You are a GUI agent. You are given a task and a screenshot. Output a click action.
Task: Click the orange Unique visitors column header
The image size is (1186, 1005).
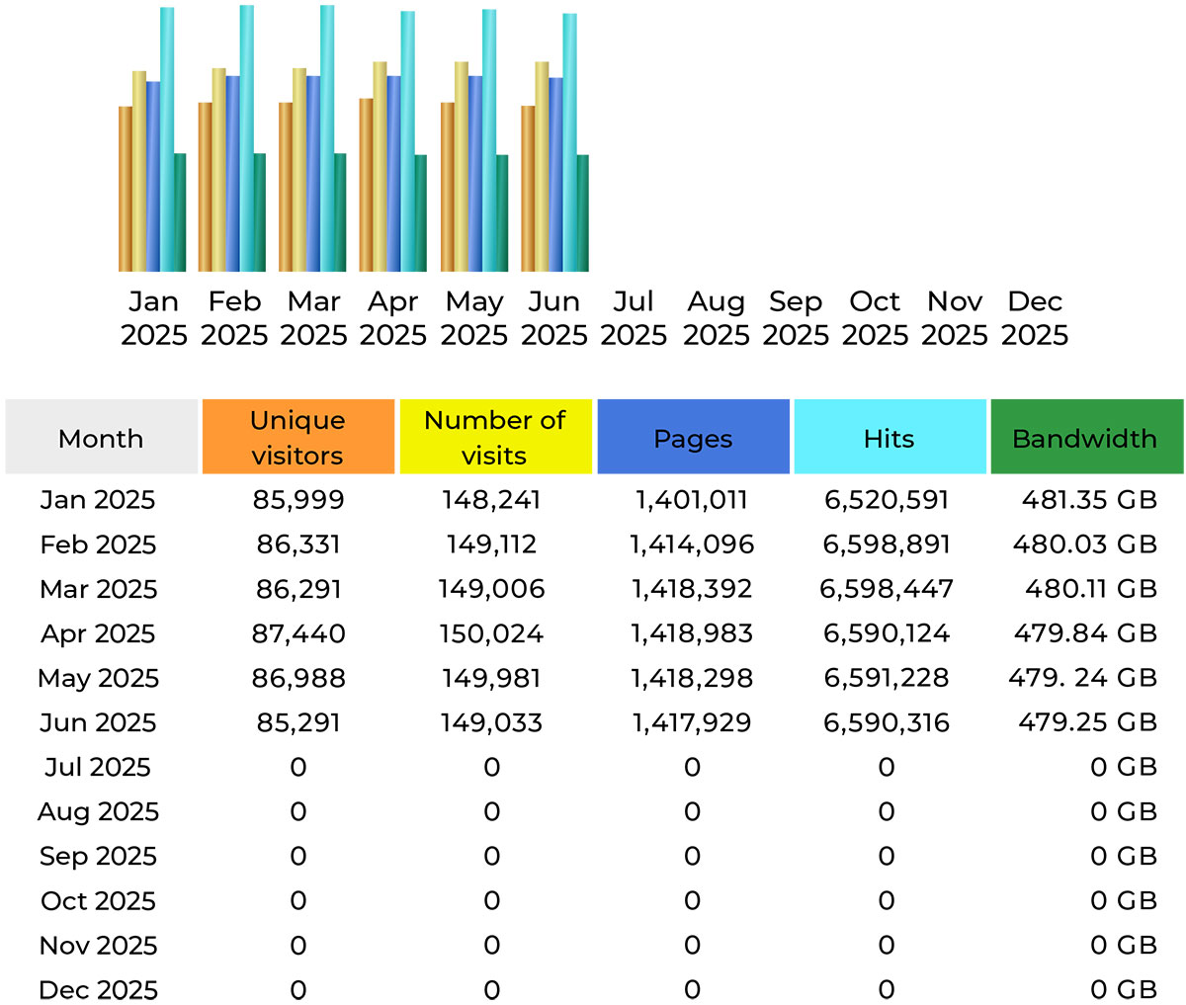tap(297, 437)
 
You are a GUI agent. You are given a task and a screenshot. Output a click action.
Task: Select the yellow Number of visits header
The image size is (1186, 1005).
tap(494, 437)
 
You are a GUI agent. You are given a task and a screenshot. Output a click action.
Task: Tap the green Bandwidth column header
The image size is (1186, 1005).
tap(1085, 437)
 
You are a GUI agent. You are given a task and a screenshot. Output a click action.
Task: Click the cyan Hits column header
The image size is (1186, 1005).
tap(889, 437)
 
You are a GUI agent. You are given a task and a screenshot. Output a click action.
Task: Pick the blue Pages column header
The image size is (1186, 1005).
tap(693, 437)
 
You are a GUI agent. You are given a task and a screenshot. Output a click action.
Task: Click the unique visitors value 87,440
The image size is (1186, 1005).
tap(298, 633)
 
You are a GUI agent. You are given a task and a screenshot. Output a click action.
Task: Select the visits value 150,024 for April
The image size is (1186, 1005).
tap(491, 633)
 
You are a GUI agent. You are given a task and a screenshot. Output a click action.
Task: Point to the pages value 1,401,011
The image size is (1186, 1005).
tap(692, 500)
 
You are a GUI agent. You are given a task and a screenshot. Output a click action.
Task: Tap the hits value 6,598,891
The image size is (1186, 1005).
tap(887, 544)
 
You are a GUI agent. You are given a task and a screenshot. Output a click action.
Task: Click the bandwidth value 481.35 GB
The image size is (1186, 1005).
tap(1089, 500)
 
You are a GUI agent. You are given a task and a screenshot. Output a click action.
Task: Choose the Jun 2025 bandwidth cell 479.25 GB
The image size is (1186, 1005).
tap(1087, 722)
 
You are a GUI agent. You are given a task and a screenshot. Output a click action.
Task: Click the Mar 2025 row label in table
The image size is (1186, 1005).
tap(98, 589)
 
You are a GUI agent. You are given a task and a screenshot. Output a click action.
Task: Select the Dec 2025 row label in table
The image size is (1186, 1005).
tap(98, 989)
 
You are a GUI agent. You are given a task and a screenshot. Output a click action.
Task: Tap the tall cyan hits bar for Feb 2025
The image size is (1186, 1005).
tap(246, 138)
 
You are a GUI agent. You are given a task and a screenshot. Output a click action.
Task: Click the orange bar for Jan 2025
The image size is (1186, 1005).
tap(126, 188)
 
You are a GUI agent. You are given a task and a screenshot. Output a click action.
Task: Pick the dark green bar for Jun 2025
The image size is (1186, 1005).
tap(582, 212)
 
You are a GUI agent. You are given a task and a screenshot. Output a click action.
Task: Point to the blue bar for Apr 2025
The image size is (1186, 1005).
tap(394, 173)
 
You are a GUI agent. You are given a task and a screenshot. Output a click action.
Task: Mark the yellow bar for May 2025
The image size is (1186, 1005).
tap(461, 166)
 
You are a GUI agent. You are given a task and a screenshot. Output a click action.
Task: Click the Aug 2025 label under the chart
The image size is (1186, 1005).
tap(716, 318)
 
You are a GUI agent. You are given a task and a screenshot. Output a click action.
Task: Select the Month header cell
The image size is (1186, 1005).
tap(101, 437)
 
